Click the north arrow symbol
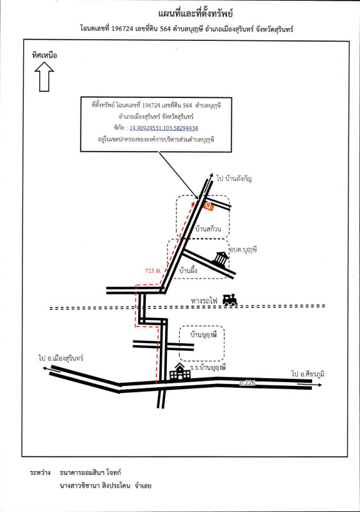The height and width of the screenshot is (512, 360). tap(44, 77)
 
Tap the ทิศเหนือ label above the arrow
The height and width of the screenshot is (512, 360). tap(44, 55)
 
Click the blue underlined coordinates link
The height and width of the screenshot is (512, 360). tap(164, 128)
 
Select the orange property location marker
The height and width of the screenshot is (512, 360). tap(208, 205)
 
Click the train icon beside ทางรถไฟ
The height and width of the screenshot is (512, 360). tap(230, 300)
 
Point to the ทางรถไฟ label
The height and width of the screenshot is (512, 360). tap(204, 300)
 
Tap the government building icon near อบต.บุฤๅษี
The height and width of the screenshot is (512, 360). tap(221, 260)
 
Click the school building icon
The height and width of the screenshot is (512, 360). tap(180, 372)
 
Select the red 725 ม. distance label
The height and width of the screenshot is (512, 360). tap(153, 271)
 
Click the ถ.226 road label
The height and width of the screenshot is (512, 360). tap(247, 383)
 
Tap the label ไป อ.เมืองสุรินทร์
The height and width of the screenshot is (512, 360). tap(61, 358)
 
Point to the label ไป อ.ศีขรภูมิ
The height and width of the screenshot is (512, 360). tap(308, 374)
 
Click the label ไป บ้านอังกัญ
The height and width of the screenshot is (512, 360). tap(234, 179)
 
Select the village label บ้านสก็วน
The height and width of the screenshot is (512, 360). tap(208, 228)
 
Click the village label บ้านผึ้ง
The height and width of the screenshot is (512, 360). tap(189, 271)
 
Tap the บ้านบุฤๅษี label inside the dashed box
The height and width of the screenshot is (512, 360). tap(204, 334)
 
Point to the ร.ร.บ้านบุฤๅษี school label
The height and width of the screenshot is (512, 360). tap(208, 367)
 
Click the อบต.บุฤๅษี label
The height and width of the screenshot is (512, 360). tap(243, 250)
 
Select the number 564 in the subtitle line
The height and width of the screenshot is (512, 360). tap(166, 29)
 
